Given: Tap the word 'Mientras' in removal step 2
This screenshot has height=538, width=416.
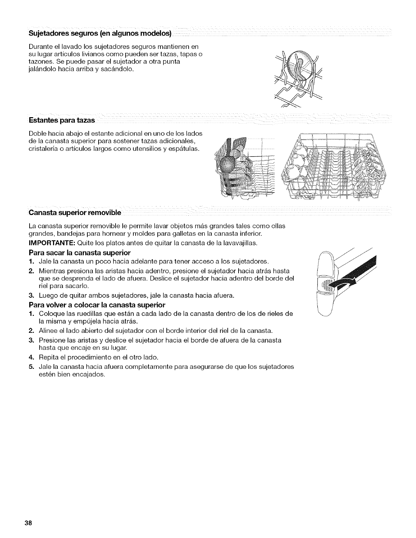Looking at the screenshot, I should (x=51, y=271).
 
